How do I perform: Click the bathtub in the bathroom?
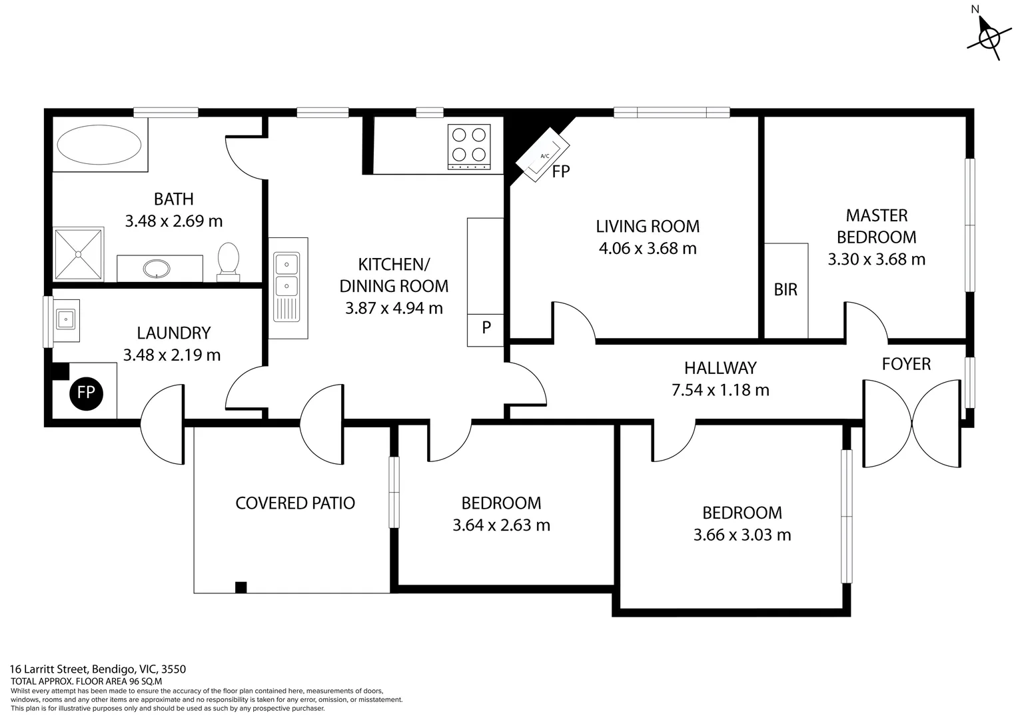coord(99,145)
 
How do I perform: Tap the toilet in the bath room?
coord(228,261)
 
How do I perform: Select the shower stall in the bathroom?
coord(79,254)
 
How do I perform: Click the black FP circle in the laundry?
coord(86,393)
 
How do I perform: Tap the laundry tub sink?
coord(66,320)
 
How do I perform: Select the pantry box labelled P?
coord(486,328)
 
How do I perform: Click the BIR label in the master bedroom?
coord(785,290)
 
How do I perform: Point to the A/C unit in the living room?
coord(544,156)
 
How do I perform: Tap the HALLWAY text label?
coord(720,368)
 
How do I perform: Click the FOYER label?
coord(906,364)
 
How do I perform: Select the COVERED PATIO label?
coord(295,503)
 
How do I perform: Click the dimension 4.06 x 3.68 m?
coord(648,249)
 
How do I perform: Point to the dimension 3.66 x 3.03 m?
coord(742,535)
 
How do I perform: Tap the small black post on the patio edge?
coord(241,587)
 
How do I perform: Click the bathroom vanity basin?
coord(157,268)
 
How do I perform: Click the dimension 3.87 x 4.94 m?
coord(394,308)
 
